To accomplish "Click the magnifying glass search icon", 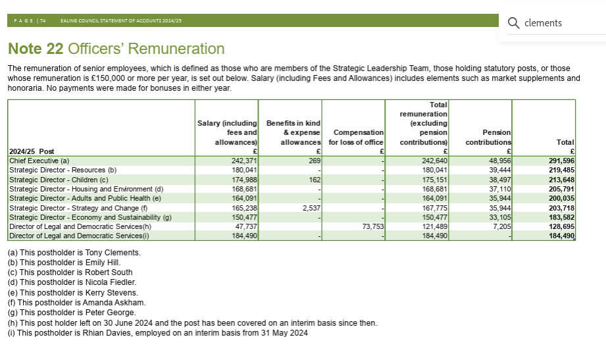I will (x=514, y=23).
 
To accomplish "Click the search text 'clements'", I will (x=543, y=23).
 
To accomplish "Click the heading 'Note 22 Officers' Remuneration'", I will (x=116, y=49).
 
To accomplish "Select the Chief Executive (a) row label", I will (x=39, y=160).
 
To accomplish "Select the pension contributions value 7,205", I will (x=499, y=226).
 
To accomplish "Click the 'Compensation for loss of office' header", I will (x=356, y=137).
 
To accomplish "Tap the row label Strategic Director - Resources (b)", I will (x=63, y=169).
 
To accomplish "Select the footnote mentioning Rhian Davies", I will (x=157, y=332).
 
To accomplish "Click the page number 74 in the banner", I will (x=42, y=20).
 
